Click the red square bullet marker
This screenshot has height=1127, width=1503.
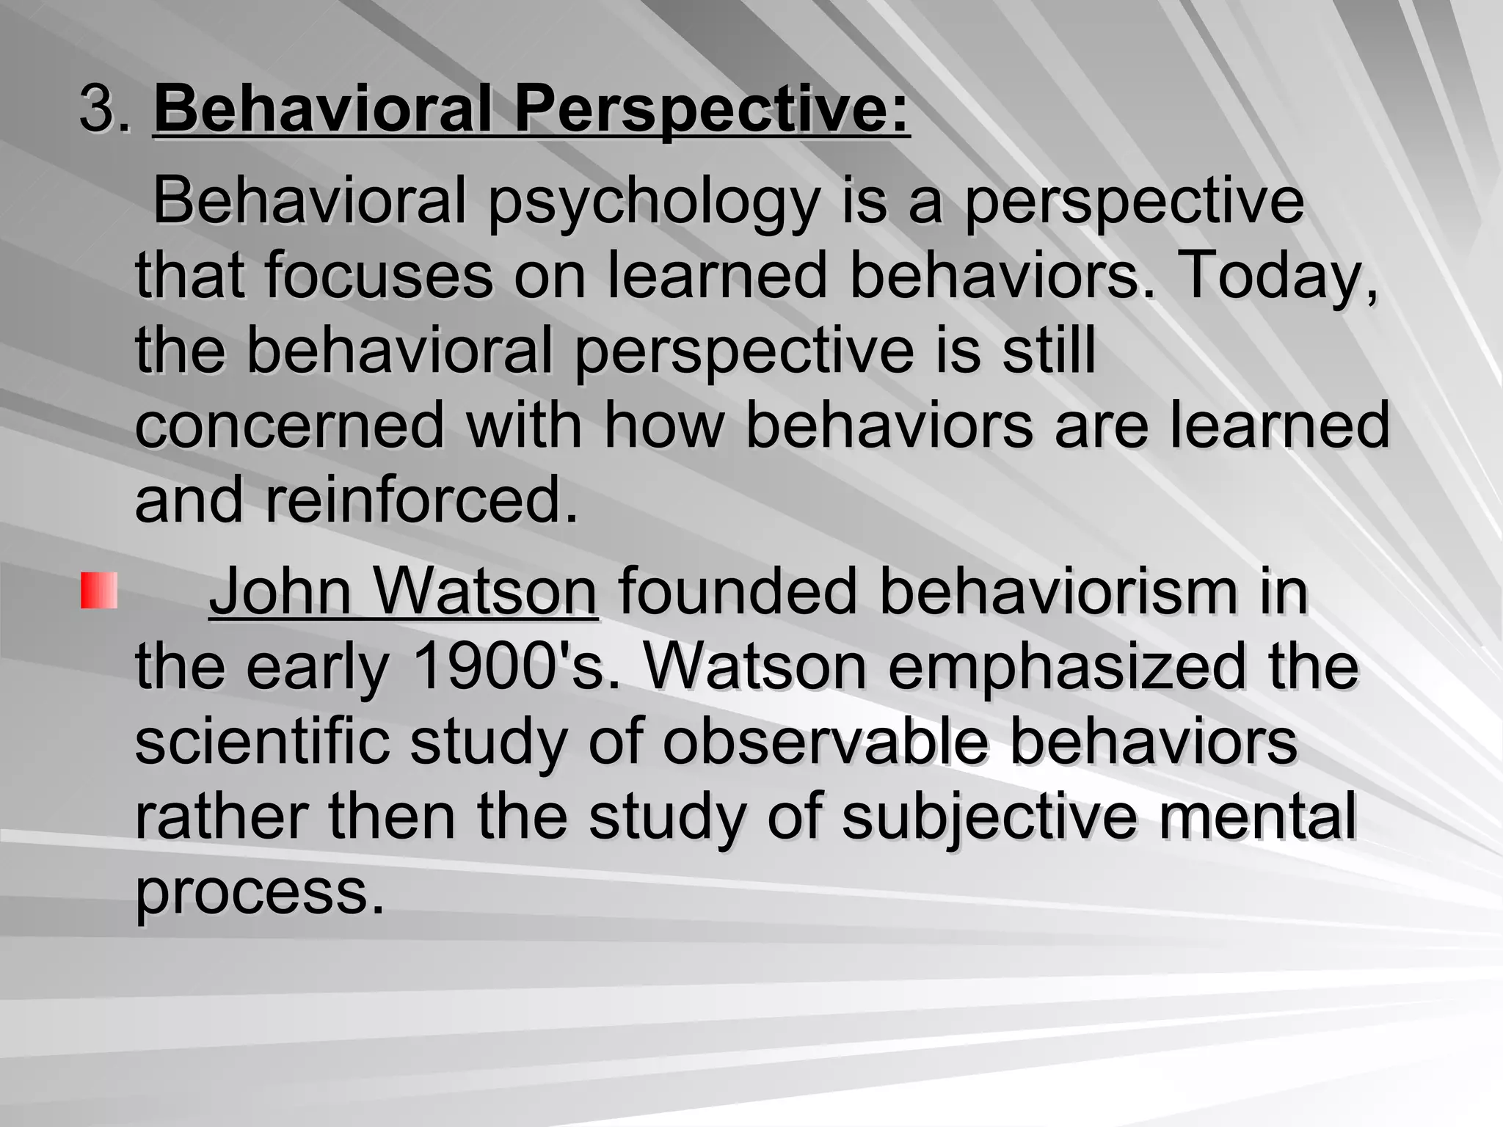(99, 591)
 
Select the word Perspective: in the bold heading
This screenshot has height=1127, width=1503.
(711, 109)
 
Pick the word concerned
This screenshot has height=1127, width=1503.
(290, 425)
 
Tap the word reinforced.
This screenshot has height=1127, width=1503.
(422, 500)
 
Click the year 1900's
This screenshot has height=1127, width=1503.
(517, 666)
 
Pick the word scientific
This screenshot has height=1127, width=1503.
(261, 742)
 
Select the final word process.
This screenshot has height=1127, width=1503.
(260, 892)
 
